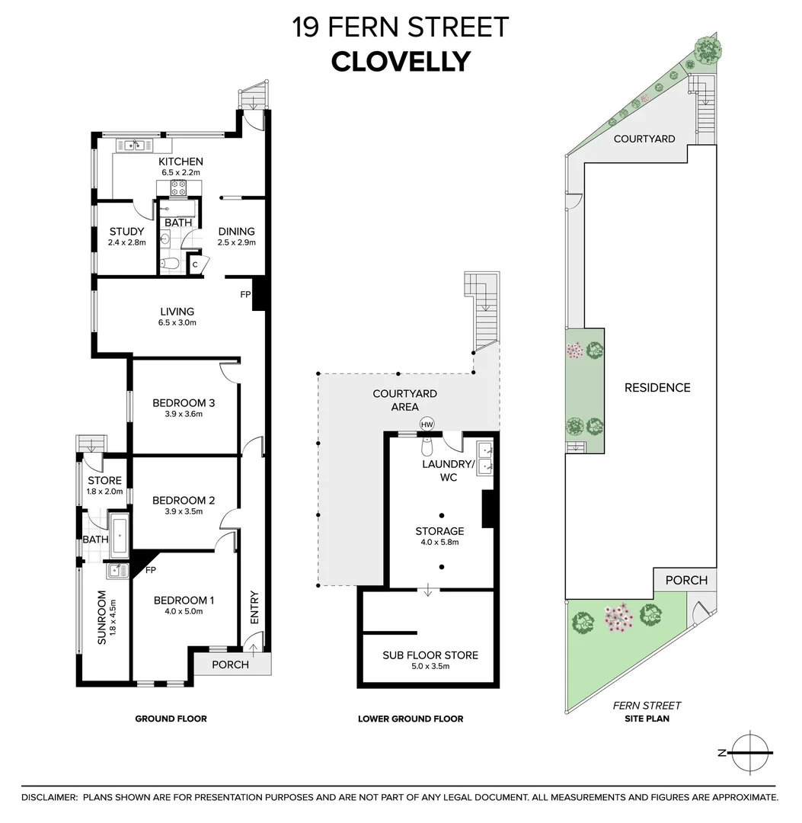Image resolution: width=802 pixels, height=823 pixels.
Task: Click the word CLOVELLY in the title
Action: click(x=401, y=61)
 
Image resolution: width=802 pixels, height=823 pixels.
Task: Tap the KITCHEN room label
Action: click(x=181, y=162)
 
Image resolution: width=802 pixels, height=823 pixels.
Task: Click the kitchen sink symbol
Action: click(x=134, y=146)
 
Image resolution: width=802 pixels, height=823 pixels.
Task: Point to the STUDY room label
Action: click(x=126, y=232)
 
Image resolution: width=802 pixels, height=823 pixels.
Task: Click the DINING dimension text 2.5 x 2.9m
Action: click(x=236, y=243)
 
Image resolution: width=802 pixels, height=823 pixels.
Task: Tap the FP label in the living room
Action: click(x=245, y=293)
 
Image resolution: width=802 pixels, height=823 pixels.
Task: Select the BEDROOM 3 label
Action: click(x=184, y=403)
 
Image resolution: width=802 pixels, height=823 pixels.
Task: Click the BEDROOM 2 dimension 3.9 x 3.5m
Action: click(x=184, y=511)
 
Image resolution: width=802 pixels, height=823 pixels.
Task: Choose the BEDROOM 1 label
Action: click(x=184, y=600)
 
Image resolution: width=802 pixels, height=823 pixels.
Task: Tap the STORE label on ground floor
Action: click(x=104, y=481)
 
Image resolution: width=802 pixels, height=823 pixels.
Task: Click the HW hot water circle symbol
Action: click(x=427, y=424)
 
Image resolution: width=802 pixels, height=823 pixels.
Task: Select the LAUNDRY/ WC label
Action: click(x=449, y=470)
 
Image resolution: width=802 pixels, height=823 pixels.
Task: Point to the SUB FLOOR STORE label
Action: click(x=430, y=655)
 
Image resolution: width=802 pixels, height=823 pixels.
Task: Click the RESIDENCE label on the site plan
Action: click(x=657, y=387)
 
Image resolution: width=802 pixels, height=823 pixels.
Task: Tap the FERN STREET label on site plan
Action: click(x=647, y=706)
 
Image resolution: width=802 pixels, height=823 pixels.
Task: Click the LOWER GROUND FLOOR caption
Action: click(x=411, y=719)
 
